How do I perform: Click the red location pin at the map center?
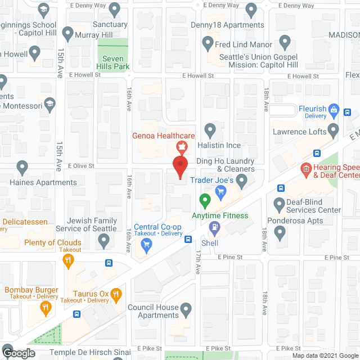pyautogui.click(x=179, y=167)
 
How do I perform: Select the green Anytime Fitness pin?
pyautogui.click(x=205, y=200)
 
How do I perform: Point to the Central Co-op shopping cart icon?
pyautogui.click(x=147, y=243)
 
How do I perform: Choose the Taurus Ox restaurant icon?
pyautogui.click(x=116, y=293)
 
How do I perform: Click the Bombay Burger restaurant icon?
pyautogui.click(x=45, y=308)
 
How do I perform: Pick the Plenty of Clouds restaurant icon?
pyautogui.click(x=69, y=259)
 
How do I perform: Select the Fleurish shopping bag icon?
pyautogui.click(x=333, y=109)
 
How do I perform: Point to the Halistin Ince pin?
pyautogui.click(x=210, y=130)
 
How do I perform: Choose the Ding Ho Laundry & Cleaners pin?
pyautogui.click(x=242, y=180)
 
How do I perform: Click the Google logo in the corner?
pyautogui.click(x=18, y=353)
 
